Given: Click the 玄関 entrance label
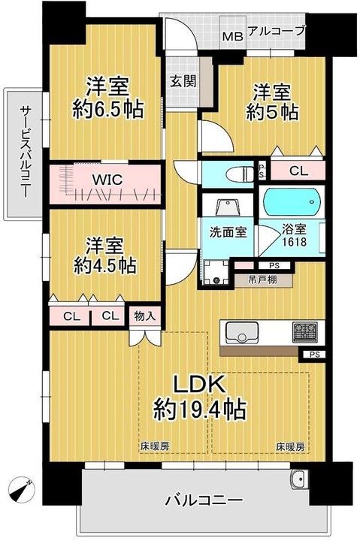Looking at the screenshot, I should click(x=182, y=80).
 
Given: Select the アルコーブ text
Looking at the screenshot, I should click(x=277, y=31).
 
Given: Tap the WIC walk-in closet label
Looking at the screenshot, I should click(x=107, y=180).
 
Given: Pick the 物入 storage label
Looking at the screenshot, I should click(x=145, y=316).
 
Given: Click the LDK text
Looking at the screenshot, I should click(x=200, y=384).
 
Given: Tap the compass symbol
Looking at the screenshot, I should click(x=22, y=488).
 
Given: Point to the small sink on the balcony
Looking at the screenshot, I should click(x=298, y=479).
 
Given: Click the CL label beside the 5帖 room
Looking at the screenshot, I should click(x=298, y=171).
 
